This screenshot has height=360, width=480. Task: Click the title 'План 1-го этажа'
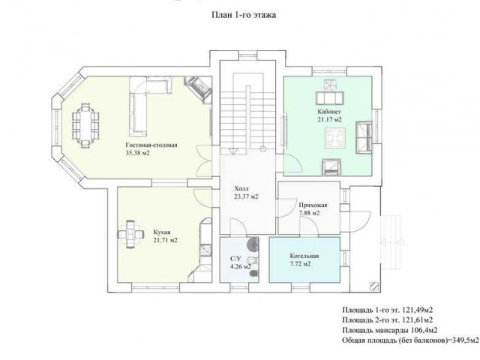point(244,15)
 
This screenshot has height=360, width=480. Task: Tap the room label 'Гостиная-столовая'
point(151,145)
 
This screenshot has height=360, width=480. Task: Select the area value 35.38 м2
point(137,153)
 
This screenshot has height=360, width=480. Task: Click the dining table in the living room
point(85,126)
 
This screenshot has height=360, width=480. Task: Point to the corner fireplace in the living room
point(199,88)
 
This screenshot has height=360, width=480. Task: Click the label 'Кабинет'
point(329,112)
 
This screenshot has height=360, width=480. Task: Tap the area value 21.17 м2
point(329,120)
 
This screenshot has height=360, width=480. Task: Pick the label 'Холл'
point(241,188)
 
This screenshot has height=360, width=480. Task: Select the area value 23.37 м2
point(246,196)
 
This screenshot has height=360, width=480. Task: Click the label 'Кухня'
point(162,232)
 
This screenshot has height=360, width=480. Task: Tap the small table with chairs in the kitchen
point(131,235)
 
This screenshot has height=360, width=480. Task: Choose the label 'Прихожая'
point(313,205)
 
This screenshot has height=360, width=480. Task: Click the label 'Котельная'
point(304,256)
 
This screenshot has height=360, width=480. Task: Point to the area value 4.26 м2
point(241,267)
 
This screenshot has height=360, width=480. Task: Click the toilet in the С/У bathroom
point(253,260)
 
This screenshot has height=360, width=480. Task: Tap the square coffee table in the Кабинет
point(335,138)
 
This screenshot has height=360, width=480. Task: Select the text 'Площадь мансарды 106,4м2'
point(390,330)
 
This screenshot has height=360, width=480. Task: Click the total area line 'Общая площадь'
point(410,340)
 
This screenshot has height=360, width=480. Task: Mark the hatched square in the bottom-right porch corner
point(375,286)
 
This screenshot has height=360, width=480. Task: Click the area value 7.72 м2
point(300,264)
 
